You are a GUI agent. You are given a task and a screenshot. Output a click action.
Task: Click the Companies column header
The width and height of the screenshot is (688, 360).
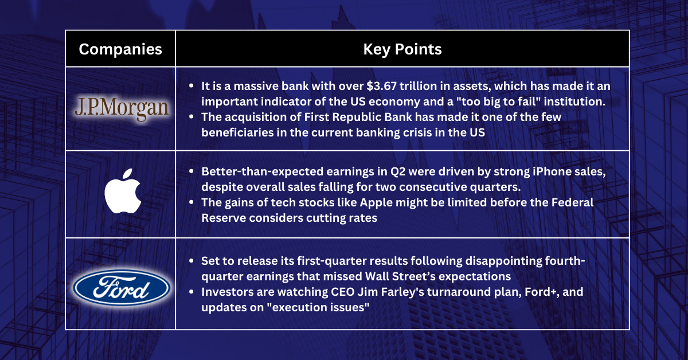pyautogui.click(x=120, y=49)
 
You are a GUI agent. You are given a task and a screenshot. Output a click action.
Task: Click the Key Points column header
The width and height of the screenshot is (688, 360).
pyautogui.click(x=402, y=49)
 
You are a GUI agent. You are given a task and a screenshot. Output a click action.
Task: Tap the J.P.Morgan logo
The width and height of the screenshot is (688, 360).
pyautogui.click(x=122, y=108)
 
